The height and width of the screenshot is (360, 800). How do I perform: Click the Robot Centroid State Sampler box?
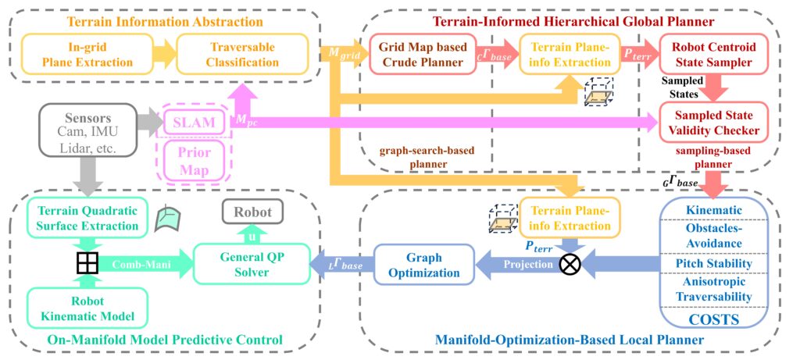point(712,53)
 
